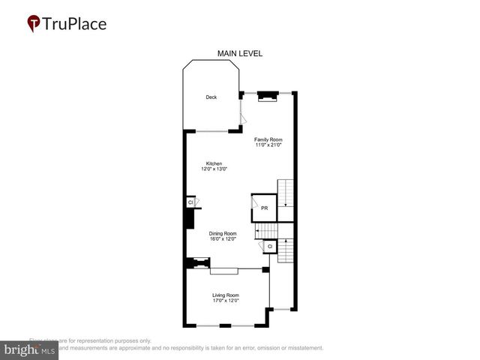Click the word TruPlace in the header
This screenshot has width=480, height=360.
[x=75, y=24]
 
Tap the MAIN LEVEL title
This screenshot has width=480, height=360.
[x=239, y=54]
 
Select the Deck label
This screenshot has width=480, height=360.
[x=212, y=97]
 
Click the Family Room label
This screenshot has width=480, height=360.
[x=268, y=139]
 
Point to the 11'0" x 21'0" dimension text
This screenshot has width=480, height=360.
[x=268, y=145]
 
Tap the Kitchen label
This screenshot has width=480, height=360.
[x=214, y=163]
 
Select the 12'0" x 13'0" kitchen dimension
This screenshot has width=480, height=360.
[x=214, y=169]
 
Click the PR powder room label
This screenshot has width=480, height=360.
[x=264, y=207]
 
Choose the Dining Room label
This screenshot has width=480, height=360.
[x=223, y=233]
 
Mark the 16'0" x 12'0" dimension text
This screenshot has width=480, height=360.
[x=223, y=238]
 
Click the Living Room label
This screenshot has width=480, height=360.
[x=225, y=295]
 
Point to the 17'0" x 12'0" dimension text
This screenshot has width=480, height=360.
[x=225, y=301]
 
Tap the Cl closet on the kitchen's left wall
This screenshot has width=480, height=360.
[x=190, y=202]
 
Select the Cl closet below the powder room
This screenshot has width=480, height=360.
[x=270, y=246]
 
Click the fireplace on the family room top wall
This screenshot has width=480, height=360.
[x=268, y=95]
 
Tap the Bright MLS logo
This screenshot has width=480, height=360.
[x=29, y=350]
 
